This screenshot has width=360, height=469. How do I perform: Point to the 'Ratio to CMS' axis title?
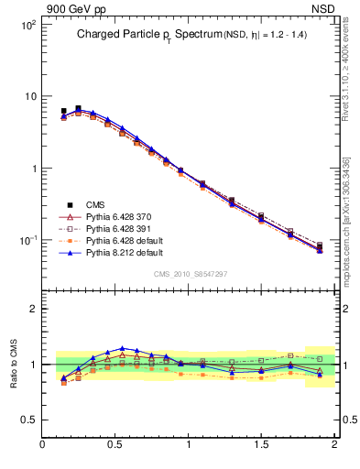[14, 364]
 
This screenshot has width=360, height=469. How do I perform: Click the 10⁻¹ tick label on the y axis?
[27, 240]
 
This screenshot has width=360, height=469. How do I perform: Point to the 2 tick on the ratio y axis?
[32, 309]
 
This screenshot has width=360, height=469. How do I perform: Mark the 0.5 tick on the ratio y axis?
[27, 420]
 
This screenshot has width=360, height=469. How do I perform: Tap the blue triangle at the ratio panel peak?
[123, 348]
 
